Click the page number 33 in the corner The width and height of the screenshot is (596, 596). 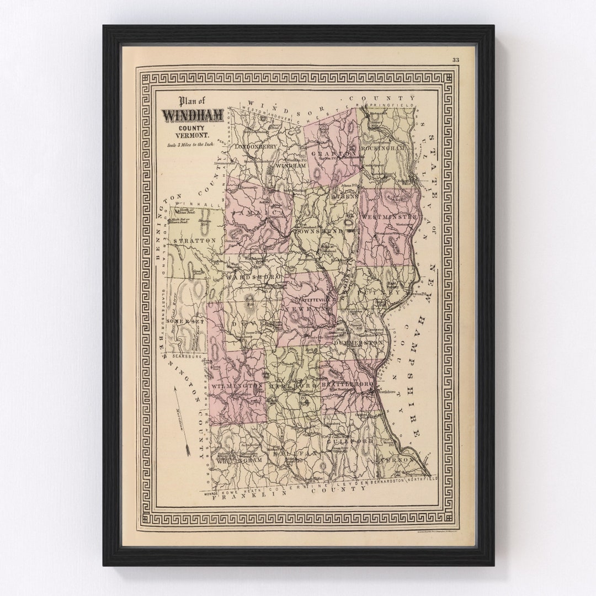click(x=455, y=60)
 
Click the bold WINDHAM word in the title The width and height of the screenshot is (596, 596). click(x=192, y=115)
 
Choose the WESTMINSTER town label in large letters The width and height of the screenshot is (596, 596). click(x=389, y=217)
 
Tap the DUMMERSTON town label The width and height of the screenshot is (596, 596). click(x=358, y=342)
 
